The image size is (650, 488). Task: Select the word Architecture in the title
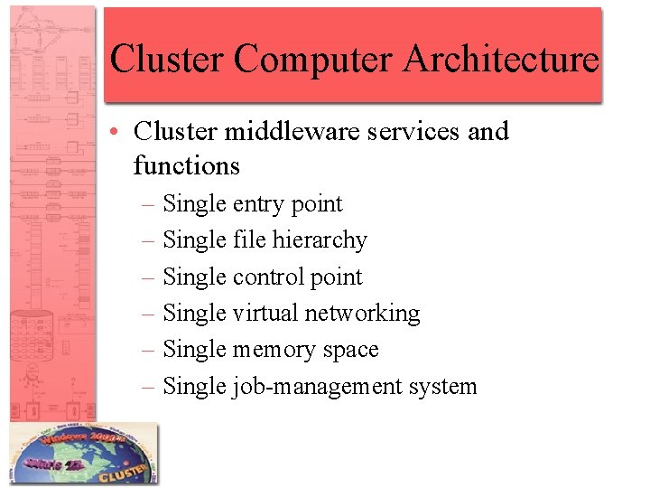501,60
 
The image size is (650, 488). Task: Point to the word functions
186,166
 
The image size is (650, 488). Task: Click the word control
268,277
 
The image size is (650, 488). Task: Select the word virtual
265,314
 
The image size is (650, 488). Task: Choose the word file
249,240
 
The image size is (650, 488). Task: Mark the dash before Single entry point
149,205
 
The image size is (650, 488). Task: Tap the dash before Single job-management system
149,387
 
